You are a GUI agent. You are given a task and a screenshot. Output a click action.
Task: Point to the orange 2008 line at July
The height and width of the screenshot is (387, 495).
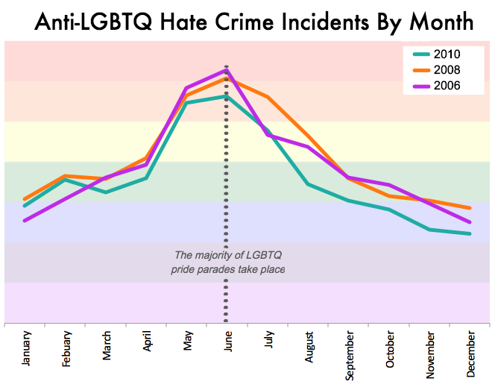pos(267,97)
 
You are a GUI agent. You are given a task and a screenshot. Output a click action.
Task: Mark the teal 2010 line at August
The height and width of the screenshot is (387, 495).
pos(308,183)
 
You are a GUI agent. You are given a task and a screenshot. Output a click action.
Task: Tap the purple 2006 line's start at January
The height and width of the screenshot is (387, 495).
pos(25,221)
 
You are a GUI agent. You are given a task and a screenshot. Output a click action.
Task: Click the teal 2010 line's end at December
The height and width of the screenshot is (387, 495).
pos(470,233)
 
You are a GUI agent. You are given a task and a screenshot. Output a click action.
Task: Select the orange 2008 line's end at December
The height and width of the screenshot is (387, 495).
pos(470,208)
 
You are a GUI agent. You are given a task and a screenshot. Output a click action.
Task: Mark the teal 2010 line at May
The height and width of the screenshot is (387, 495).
pos(186,102)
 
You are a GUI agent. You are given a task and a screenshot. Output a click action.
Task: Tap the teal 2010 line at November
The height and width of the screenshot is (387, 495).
pos(429,230)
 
